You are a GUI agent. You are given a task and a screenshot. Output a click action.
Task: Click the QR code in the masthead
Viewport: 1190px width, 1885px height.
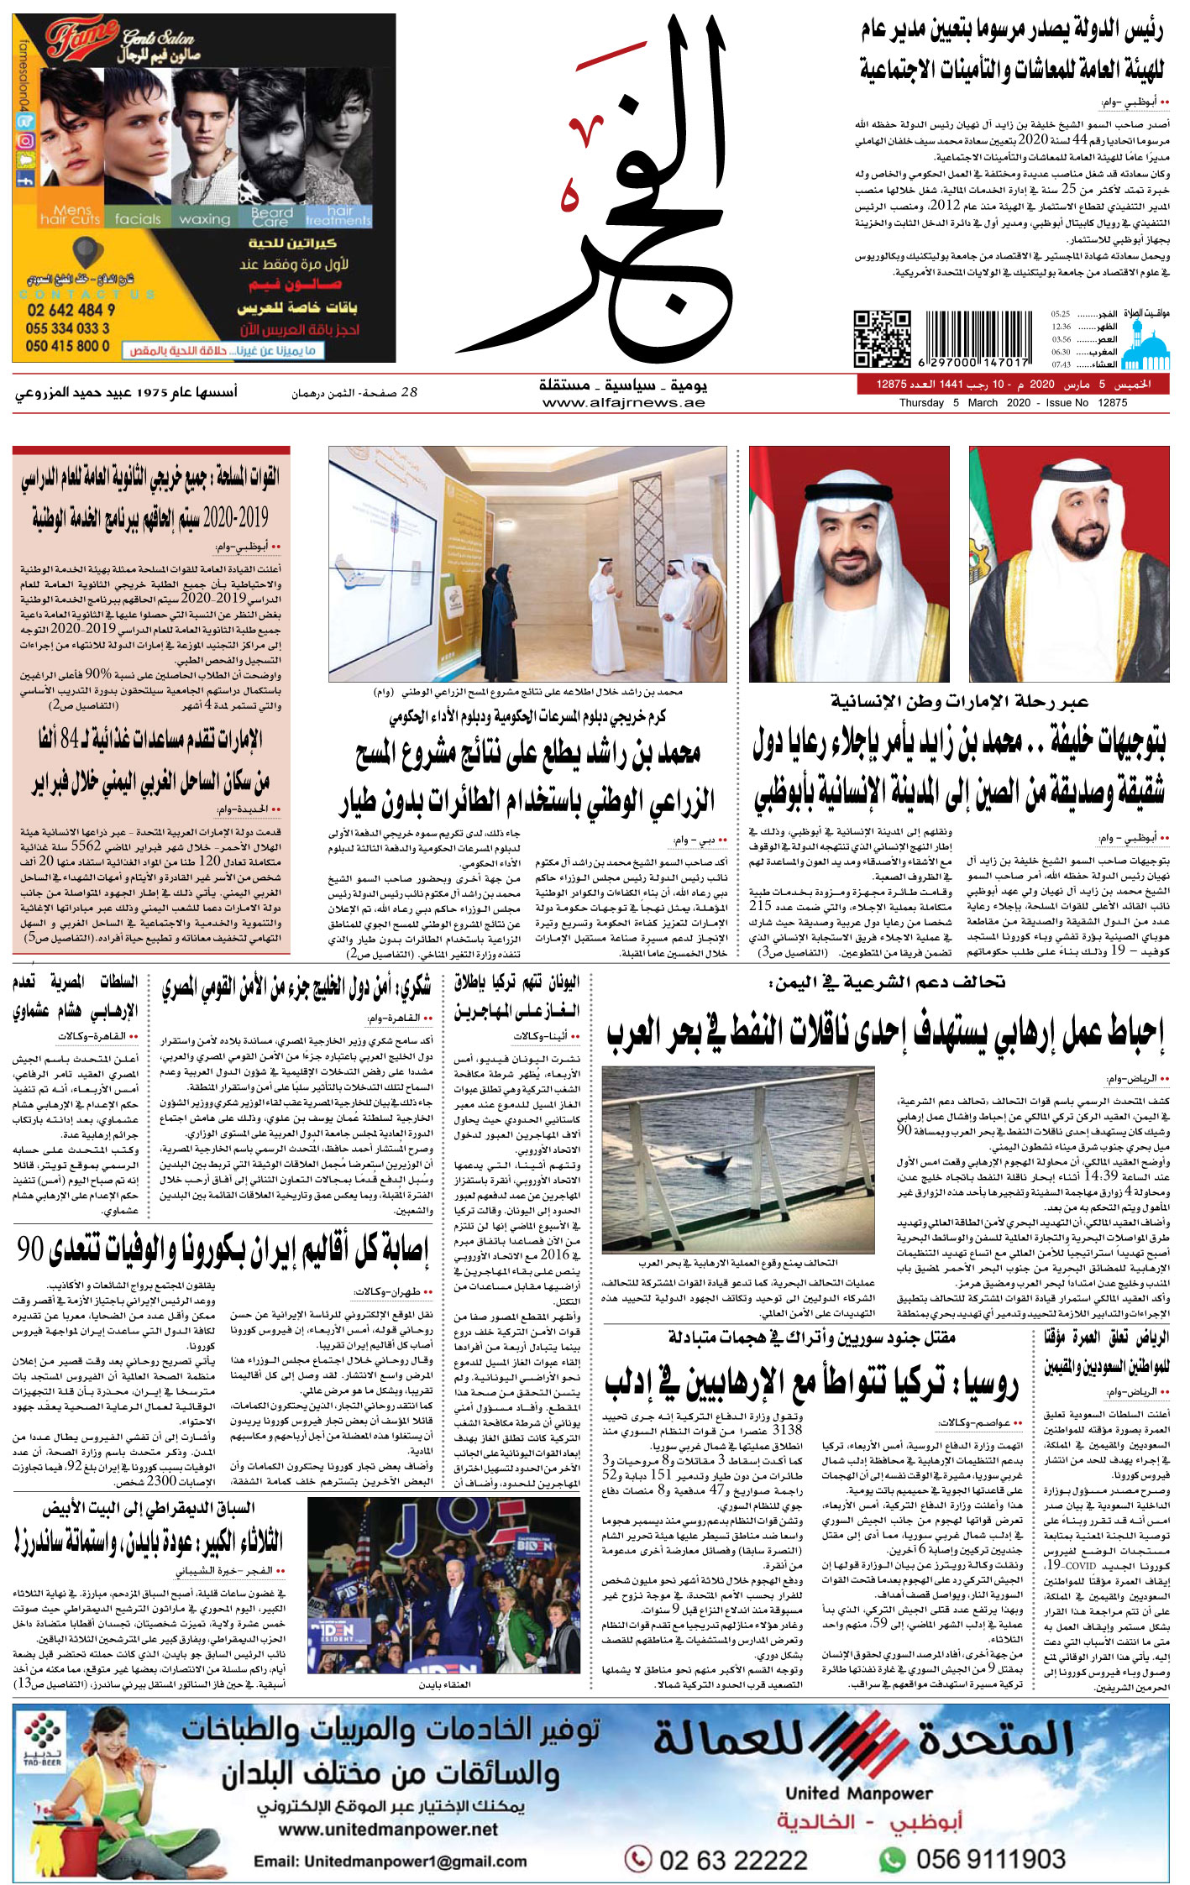pos(882,338)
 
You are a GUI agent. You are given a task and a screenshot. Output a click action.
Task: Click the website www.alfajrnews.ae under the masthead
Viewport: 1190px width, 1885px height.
pos(623,403)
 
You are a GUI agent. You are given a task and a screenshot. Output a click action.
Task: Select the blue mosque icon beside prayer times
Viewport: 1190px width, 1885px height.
pos(1146,348)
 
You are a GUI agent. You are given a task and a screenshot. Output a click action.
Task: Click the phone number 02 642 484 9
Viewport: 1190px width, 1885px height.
pos(71,309)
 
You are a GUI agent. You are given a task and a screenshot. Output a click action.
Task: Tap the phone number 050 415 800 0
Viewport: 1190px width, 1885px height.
pos(67,345)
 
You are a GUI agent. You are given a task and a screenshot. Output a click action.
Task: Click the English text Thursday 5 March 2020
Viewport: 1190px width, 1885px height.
pos(952,403)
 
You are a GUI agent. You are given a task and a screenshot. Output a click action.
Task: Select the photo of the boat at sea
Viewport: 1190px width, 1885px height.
pos(738,1160)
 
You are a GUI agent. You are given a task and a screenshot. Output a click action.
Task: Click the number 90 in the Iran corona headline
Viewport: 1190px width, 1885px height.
pos(31,1250)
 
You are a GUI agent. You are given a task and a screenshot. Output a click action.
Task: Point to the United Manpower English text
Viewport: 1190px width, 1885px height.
pos(858,1793)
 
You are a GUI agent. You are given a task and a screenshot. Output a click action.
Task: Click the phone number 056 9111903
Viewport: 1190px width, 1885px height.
pos(990,1858)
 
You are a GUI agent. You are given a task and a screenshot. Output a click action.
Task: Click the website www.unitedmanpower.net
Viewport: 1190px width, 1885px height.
pos(388,1830)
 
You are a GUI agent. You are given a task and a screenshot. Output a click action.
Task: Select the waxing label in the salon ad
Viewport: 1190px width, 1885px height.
pos(204,219)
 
